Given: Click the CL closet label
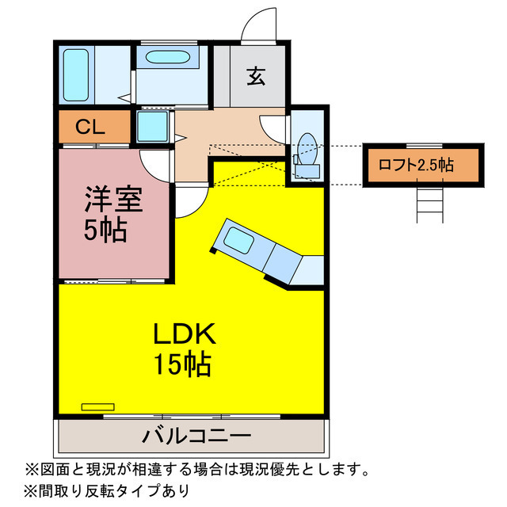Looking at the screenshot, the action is [x=90, y=127].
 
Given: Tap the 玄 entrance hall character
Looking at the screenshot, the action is [x=256, y=76].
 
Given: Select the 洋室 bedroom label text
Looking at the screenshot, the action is [x=113, y=200].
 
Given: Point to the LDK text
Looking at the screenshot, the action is [x=185, y=334].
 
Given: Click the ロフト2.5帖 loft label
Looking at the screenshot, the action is [x=417, y=166].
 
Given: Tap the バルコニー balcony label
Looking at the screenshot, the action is [x=196, y=435].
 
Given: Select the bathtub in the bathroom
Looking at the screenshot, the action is [x=76, y=75].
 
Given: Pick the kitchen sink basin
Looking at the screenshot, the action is [x=238, y=240].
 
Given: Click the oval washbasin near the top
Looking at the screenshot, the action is [x=167, y=57].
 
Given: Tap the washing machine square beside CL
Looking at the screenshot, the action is [x=152, y=127].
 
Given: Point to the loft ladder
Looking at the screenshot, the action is [x=429, y=205].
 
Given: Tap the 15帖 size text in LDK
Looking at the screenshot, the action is [x=183, y=364].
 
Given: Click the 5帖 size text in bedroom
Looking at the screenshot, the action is [x=105, y=230].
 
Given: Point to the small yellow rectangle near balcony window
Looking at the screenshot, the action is [x=98, y=406].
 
